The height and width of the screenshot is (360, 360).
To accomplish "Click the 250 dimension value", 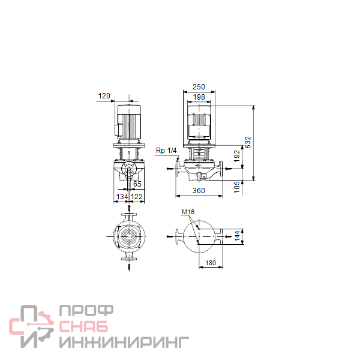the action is [x=199, y=87].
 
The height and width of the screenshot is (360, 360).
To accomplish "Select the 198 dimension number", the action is [x=199, y=97].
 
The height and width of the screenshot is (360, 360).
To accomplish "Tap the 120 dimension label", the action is [x=104, y=96].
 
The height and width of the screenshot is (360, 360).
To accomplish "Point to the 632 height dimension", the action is [x=248, y=142].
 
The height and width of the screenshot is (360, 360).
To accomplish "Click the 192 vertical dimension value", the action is [x=237, y=156].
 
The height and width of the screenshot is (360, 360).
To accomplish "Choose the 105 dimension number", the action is [x=236, y=187].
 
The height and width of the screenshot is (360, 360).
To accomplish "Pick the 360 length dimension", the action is [x=199, y=191].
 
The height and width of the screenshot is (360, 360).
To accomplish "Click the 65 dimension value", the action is [x=137, y=184].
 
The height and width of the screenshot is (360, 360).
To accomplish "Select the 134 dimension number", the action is [x=122, y=197].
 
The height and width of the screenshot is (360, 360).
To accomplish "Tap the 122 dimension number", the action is [x=137, y=197].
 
